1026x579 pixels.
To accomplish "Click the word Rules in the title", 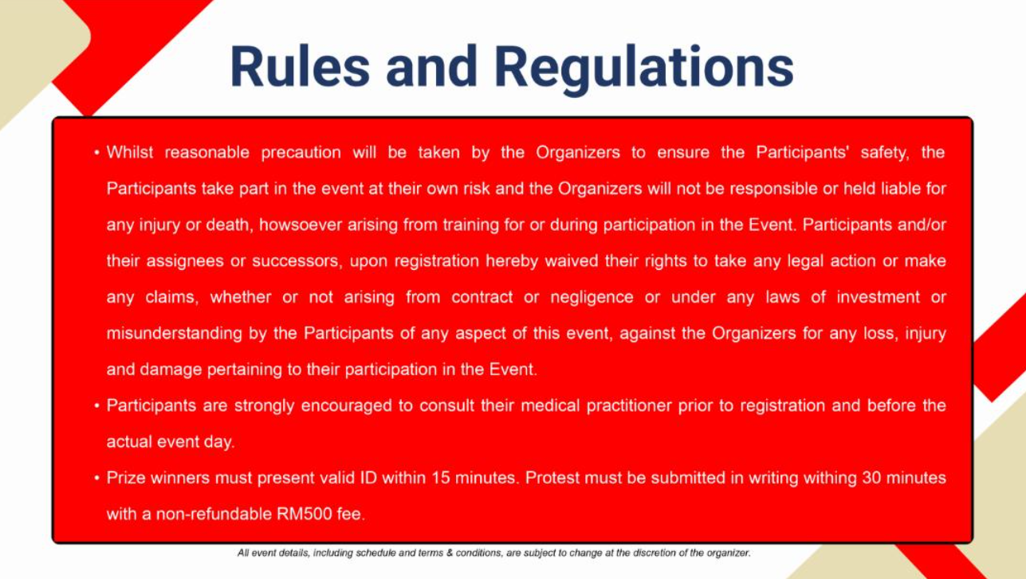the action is click(300, 67).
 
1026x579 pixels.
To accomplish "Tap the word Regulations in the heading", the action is click(644, 69).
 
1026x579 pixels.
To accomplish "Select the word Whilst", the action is click(130, 152).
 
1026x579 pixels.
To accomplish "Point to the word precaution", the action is click(301, 153).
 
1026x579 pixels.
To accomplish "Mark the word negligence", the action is click(592, 298).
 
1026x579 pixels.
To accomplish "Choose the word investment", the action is click(878, 297).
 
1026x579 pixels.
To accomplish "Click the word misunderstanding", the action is click(174, 334).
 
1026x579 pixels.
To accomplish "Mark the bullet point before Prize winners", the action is click(96, 479).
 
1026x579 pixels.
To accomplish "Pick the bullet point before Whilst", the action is click(96, 153).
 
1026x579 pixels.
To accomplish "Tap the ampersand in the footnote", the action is click(450, 553).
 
